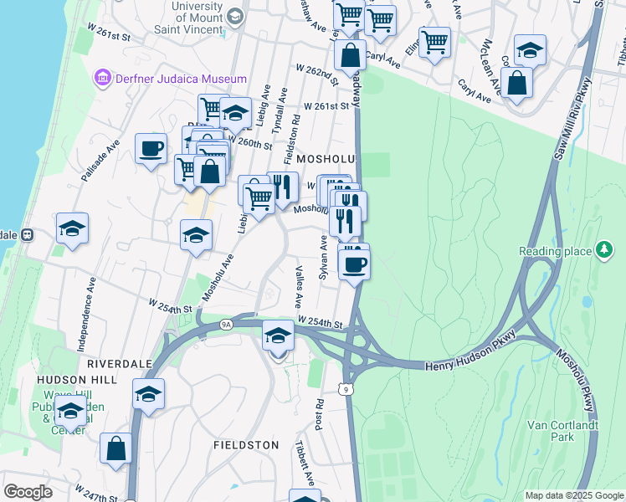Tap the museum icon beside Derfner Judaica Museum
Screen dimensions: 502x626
[104, 79]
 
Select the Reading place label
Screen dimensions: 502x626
[555, 251]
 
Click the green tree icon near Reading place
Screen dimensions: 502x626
[603, 250]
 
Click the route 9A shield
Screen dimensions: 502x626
[226, 324]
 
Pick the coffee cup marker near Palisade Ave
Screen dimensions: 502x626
[151, 149]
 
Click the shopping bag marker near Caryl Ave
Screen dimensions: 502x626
[517, 83]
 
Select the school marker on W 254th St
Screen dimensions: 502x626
[278, 336]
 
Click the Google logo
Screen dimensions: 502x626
[28, 492]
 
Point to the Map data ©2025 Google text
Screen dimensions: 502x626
[573, 495]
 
